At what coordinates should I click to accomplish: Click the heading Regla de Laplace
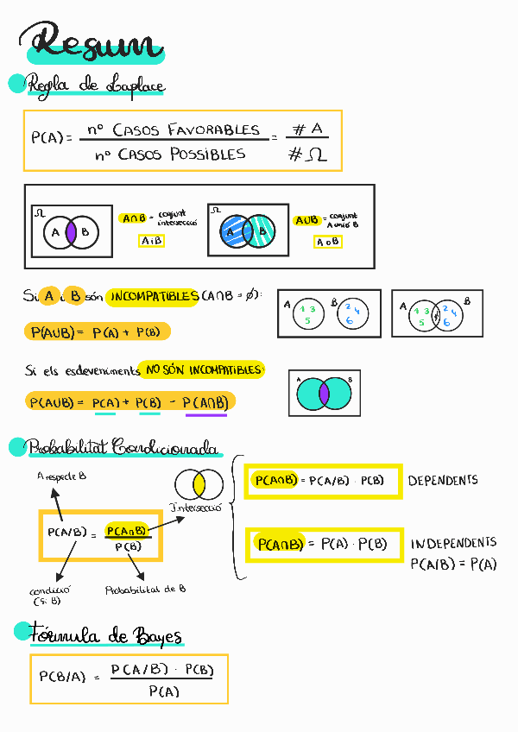pyautogui.click(x=95, y=85)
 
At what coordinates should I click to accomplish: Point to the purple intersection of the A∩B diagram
pyautogui.click(x=73, y=231)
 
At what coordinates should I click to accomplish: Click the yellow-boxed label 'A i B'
pyautogui.click(x=152, y=241)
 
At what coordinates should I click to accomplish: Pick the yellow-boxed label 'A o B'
pyautogui.click(x=327, y=243)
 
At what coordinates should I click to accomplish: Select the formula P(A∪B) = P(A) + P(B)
pyautogui.click(x=97, y=331)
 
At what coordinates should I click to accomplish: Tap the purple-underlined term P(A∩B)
pyautogui.click(x=206, y=402)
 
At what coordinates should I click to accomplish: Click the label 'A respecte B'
pyautogui.click(x=62, y=476)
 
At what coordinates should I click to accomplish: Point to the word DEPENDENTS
pyautogui.click(x=443, y=480)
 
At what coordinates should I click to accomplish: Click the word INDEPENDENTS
pyautogui.click(x=453, y=543)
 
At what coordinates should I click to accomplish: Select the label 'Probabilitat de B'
pyautogui.click(x=145, y=590)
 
